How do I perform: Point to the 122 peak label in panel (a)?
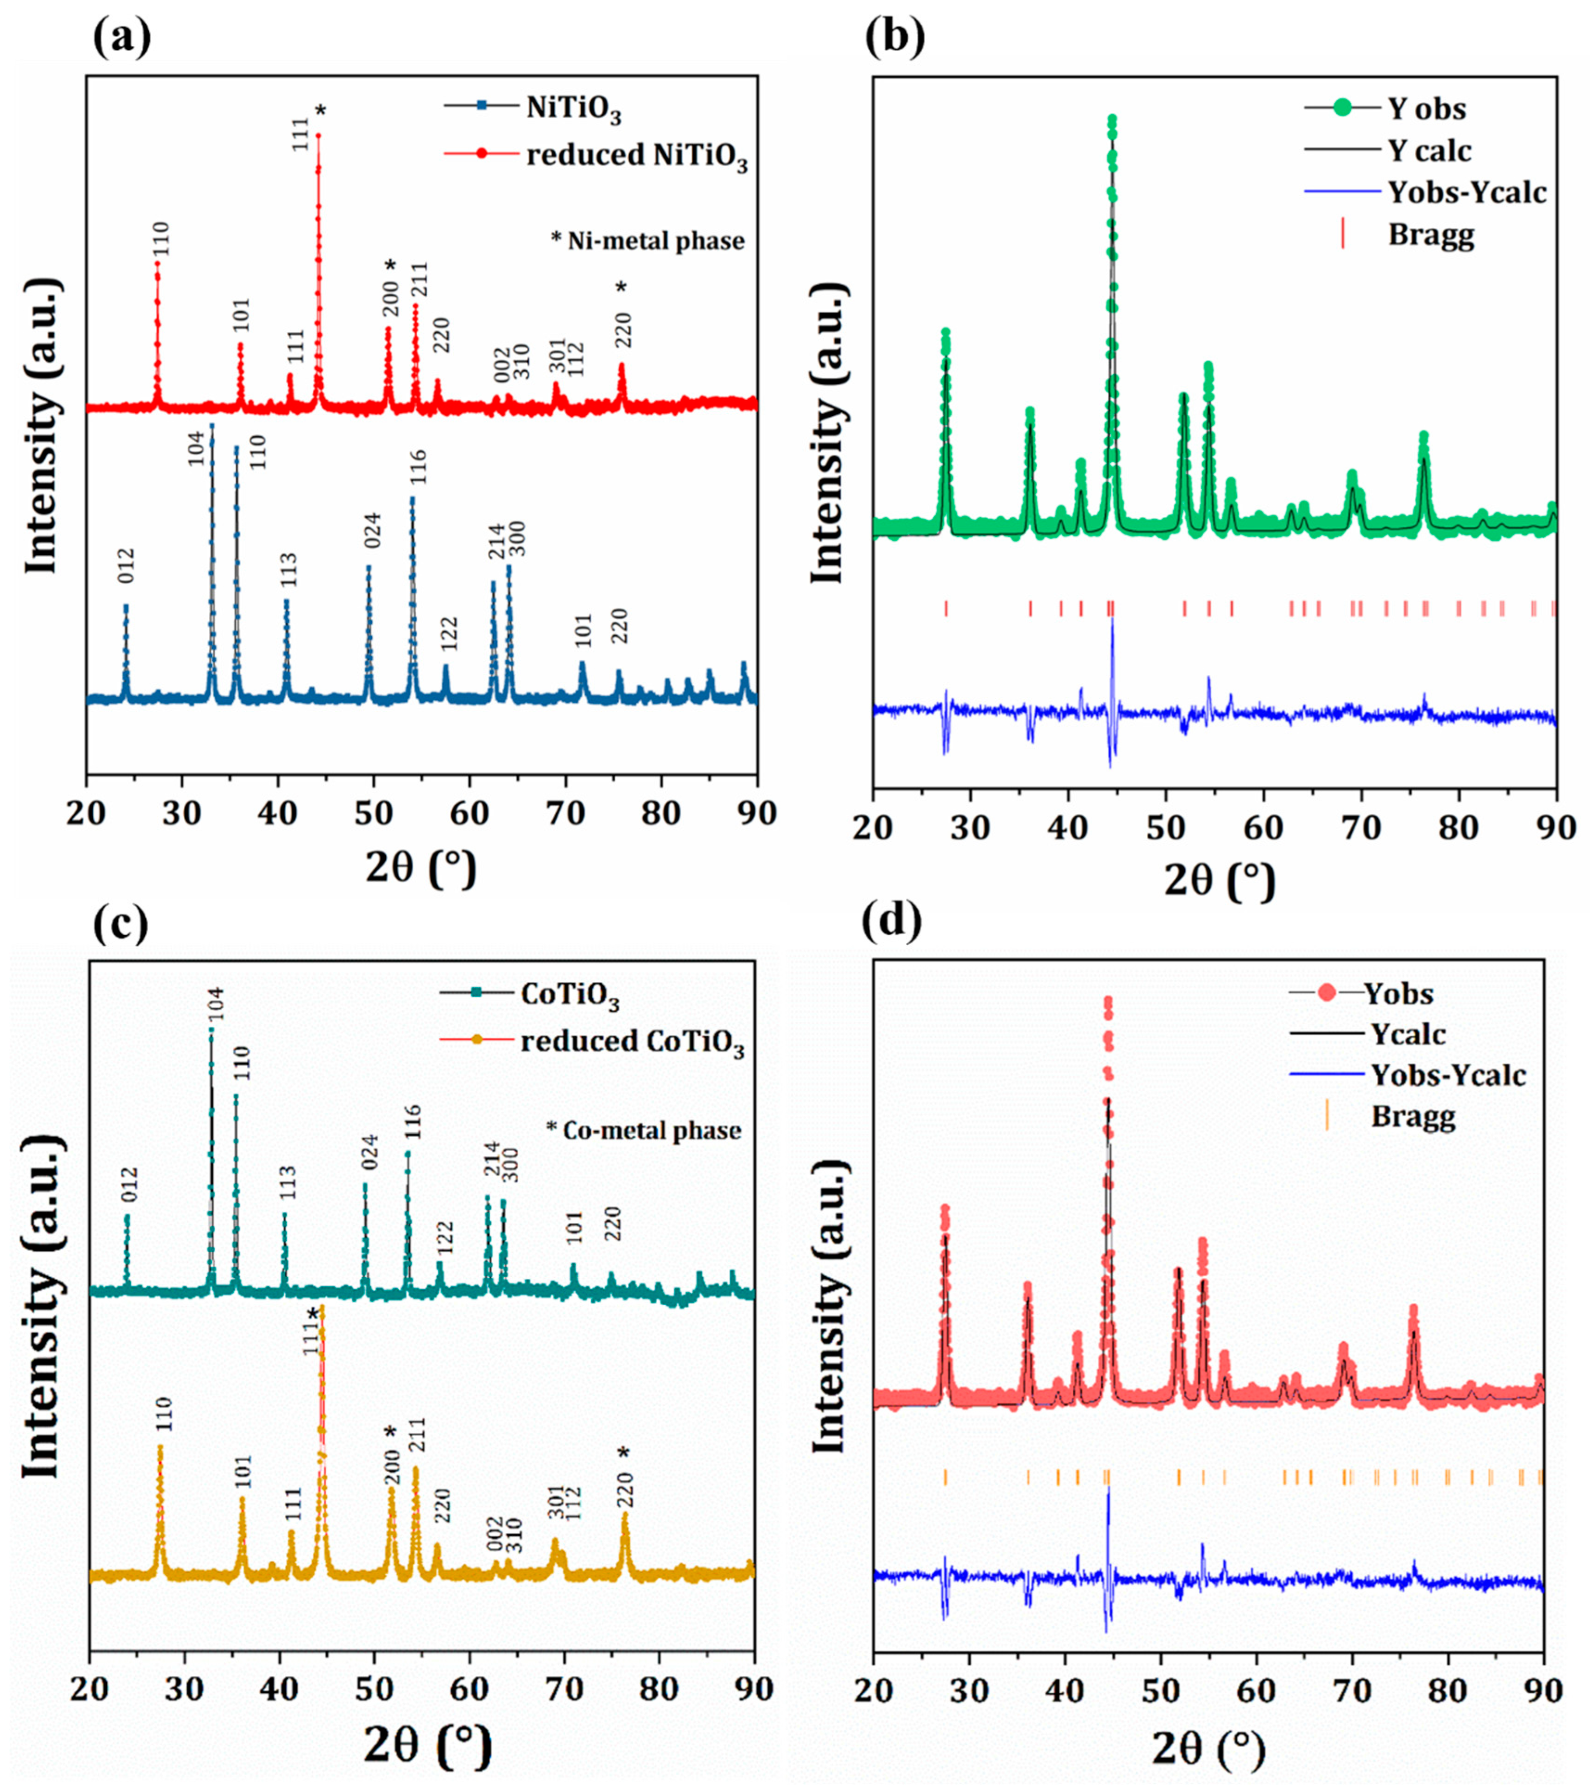coord(448,632)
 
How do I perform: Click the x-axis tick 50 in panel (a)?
coord(374,814)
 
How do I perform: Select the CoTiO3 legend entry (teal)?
coord(570,996)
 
